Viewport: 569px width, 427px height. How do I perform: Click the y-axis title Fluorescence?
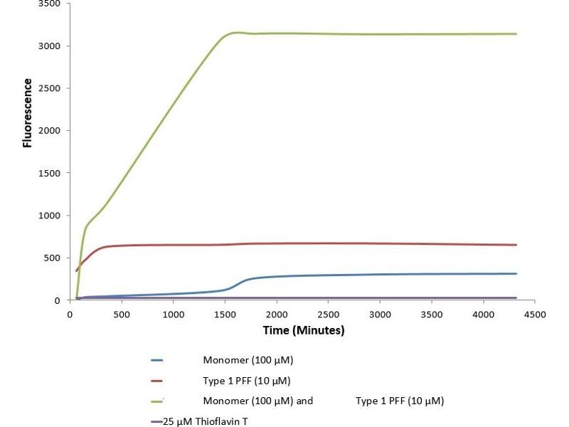pos(28,112)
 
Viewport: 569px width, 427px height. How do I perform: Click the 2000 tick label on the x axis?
pos(277,314)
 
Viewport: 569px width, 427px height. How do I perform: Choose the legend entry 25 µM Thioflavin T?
pos(206,421)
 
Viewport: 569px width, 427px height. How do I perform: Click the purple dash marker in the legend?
pos(157,421)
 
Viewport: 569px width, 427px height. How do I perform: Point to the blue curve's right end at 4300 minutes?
pos(516,274)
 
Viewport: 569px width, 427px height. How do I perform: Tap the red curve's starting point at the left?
pos(76,270)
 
